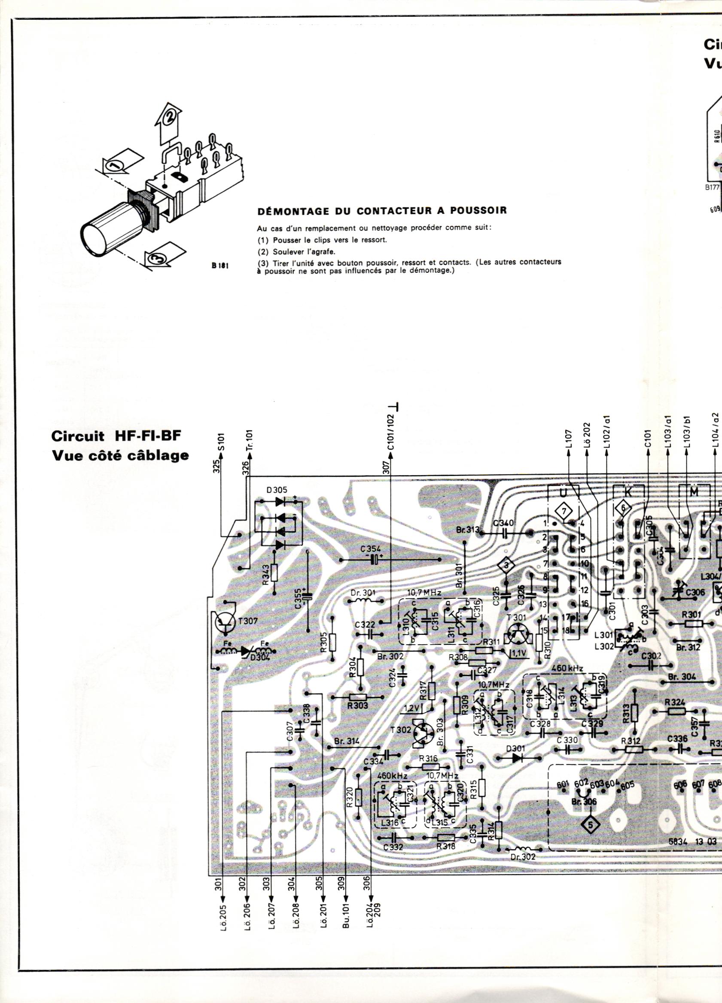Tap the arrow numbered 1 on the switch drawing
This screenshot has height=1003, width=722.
(116, 166)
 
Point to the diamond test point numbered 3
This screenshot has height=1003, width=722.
(507, 566)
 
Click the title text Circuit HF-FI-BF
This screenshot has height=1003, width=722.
(117, 436)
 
